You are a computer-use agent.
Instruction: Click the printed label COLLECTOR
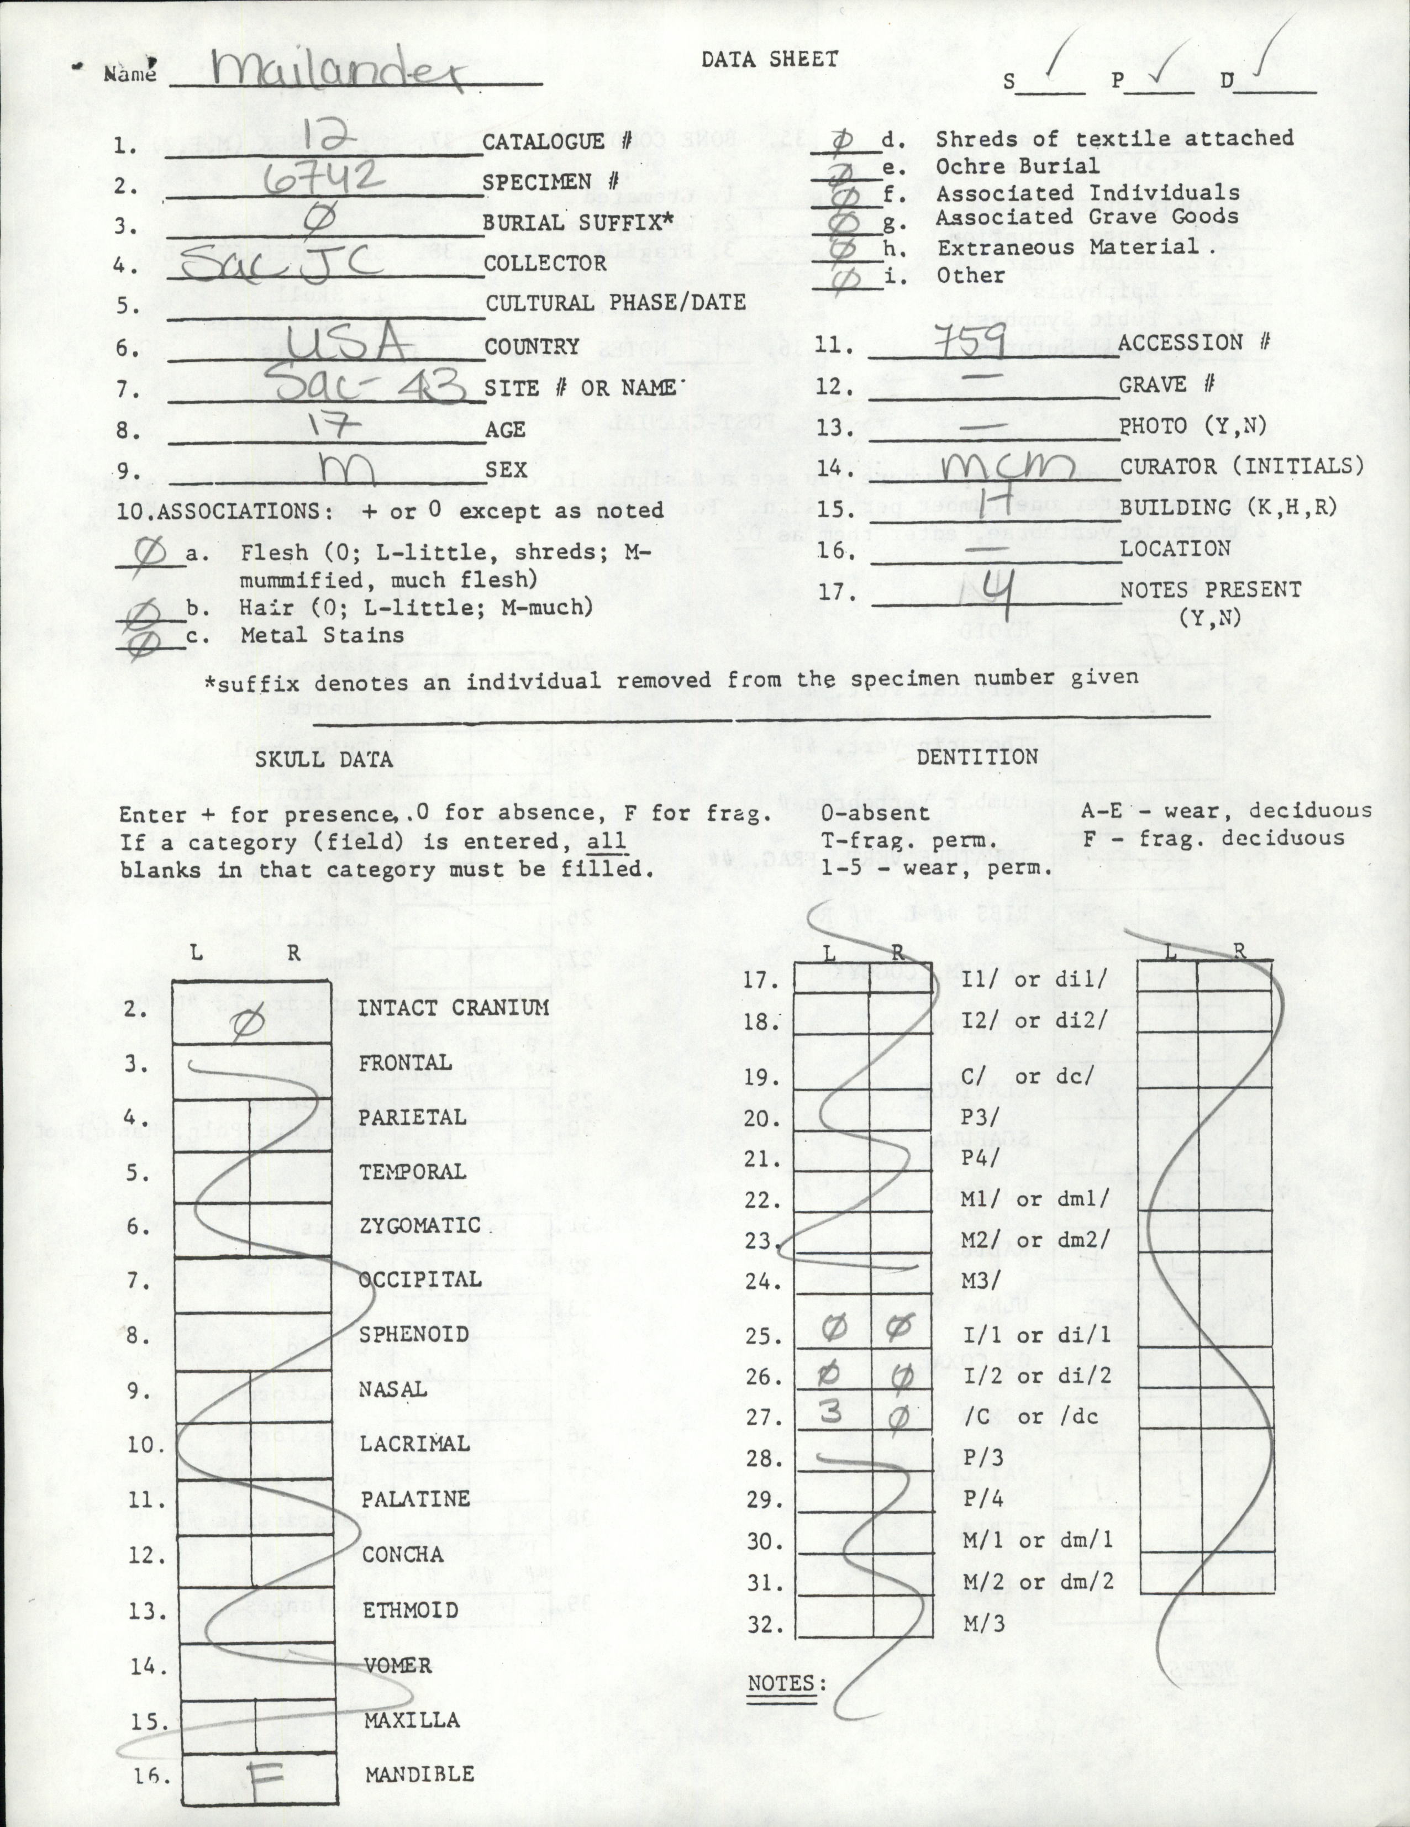545,262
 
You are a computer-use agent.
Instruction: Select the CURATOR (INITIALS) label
1242,466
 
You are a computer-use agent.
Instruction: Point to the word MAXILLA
411,1719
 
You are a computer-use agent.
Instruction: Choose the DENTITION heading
977,756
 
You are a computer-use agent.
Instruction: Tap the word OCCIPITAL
420,1279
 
